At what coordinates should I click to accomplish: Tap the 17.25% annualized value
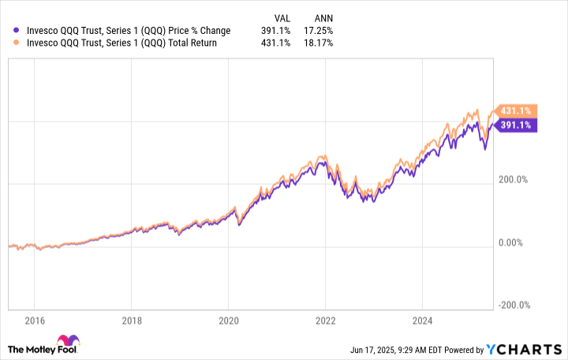(x=319, y=31)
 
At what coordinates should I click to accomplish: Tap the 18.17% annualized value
(x=319, y=43)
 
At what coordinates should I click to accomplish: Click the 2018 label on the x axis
(x=131, y=321)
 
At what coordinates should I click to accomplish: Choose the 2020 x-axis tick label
(x=227, y=321)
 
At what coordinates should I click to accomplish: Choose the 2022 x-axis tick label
(x=324, y=321)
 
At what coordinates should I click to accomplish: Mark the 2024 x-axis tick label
(x=421, y=321)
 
